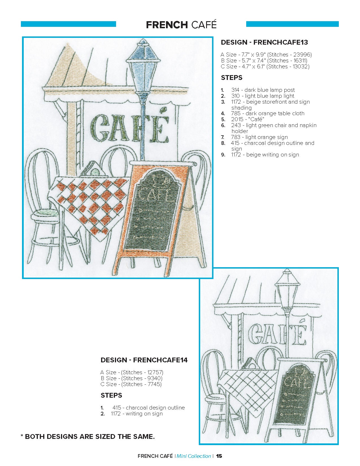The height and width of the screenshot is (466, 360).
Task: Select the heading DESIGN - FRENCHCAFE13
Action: (264, 42)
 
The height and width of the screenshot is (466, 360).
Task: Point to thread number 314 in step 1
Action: (235, 90)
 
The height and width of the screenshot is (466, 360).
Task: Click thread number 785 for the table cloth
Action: (235, 113)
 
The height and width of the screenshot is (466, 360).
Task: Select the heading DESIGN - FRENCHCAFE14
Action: (144, 360)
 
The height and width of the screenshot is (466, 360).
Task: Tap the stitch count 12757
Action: (155, 372)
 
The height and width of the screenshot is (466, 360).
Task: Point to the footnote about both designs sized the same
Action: (88, 436)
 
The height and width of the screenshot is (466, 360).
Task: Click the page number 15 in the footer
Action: (219, 456)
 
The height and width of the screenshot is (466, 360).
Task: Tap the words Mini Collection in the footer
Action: (194, 456)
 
